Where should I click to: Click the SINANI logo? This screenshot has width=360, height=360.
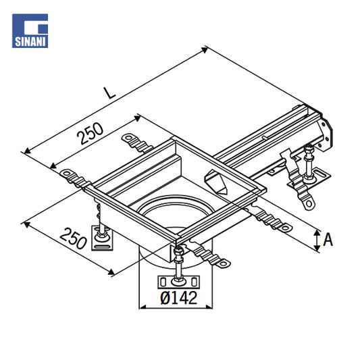pos(30,31)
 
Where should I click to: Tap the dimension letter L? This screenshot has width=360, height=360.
pos(109,93)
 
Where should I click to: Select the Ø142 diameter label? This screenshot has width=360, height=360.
pos(178,298)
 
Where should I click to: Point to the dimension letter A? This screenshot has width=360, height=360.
pos(328,240)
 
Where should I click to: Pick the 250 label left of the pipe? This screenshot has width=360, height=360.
pos(73,238)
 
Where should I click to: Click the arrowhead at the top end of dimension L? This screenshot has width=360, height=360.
pos(205,50)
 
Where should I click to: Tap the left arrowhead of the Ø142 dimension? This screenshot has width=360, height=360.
pos(143,307)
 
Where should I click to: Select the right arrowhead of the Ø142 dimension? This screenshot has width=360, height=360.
pos(209,307)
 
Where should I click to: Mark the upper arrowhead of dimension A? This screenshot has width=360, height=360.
pos(317,233)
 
